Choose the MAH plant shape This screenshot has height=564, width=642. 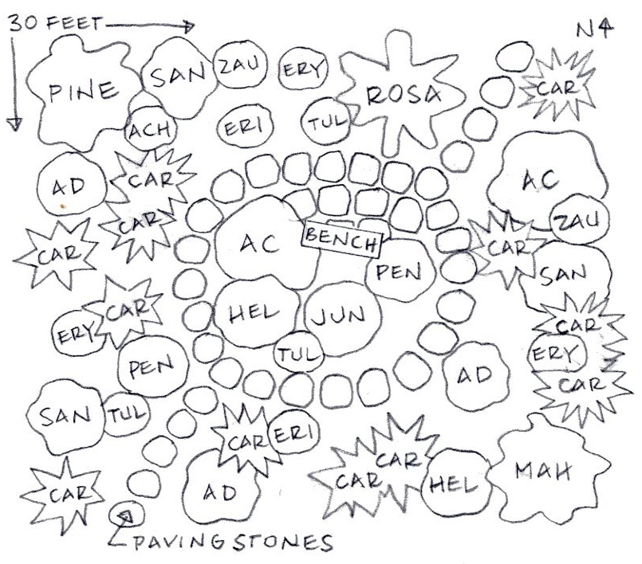546,471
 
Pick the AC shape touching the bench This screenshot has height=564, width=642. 258,242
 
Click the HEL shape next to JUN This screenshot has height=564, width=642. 257,313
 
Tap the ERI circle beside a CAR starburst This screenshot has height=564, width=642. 291,435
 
